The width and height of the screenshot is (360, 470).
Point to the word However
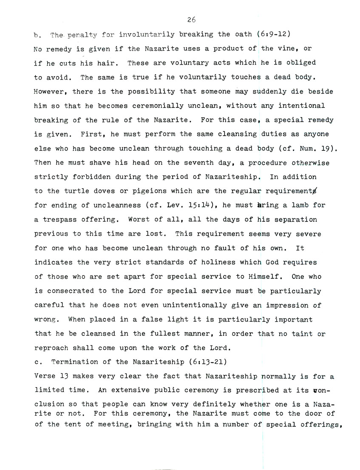[x=49, y=91]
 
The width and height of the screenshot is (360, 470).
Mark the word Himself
[x=266, y=277]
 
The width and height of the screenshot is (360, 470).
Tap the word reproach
[x=51, y=348]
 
